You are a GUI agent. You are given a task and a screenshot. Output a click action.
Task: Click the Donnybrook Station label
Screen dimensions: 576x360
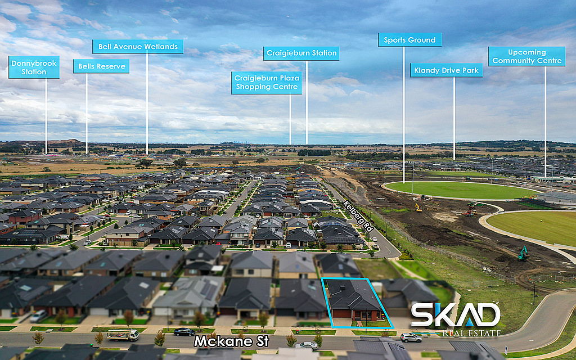34,67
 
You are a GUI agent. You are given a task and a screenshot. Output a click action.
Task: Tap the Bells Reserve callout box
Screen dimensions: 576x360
101,66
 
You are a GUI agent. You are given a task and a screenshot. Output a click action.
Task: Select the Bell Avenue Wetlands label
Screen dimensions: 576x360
138,47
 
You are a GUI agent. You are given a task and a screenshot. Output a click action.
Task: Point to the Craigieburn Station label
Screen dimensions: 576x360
301,53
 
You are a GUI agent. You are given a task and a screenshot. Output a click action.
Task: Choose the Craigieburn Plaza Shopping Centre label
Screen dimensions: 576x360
267,83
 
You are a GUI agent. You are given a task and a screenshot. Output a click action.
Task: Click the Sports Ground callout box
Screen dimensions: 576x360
410,40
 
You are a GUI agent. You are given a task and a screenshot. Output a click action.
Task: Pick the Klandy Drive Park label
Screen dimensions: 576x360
446,70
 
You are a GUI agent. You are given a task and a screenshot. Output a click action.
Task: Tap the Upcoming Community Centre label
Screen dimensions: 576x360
526,57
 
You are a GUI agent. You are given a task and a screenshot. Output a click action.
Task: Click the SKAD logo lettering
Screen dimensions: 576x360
455,315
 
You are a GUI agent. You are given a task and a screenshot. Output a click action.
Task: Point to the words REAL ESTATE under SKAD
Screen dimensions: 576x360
471,333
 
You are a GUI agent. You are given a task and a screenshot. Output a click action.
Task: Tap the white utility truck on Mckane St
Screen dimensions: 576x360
123,335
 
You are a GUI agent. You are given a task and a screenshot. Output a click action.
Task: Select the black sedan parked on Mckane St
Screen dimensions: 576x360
184,332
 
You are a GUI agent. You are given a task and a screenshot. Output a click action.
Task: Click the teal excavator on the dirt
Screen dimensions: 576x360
524,254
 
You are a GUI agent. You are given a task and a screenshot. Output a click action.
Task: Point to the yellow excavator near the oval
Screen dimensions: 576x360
418,208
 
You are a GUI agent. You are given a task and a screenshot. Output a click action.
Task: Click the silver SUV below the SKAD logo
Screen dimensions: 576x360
411,337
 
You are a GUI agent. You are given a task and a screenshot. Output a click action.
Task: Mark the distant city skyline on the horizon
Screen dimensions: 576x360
235,142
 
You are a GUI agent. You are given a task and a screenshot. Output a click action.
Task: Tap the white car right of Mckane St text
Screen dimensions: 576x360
306,345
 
